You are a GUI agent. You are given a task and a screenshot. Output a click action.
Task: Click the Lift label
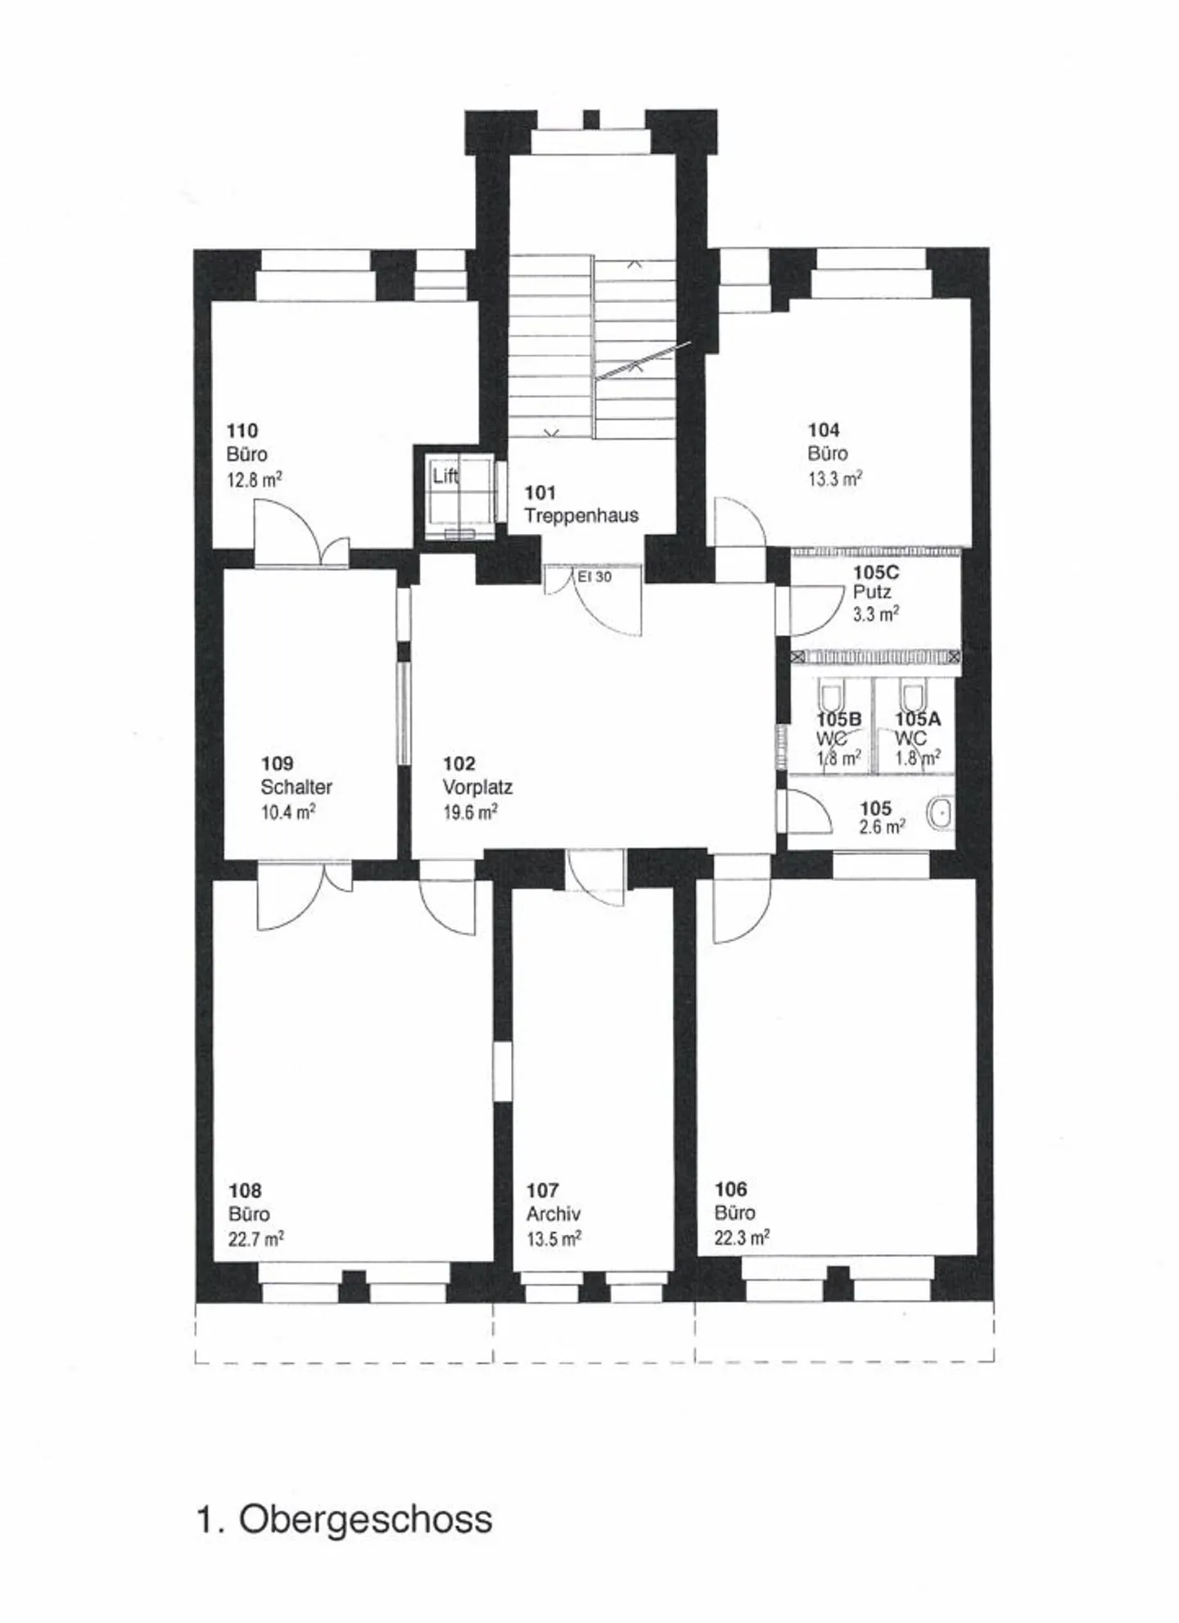point(445,475)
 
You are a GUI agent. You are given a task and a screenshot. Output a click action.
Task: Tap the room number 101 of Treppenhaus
point(540,492)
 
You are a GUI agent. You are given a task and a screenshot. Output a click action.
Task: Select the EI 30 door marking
point(594,576)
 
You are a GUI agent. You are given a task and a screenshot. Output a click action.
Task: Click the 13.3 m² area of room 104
point(834,478)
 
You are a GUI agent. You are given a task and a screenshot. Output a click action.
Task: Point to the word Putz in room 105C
point(871,591)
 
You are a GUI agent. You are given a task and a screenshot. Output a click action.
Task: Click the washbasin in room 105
point(941,813)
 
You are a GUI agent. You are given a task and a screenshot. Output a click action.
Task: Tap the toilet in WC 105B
point(831,697)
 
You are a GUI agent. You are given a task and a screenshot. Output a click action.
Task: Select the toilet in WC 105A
point(913,697)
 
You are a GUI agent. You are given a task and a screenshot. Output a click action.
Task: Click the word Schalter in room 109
point(296,787)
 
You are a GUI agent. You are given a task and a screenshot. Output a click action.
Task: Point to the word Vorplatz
point(477,787)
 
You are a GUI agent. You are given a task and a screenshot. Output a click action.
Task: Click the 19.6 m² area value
point(470,811)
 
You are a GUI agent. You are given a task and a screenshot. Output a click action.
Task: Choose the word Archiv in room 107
point(553,1214)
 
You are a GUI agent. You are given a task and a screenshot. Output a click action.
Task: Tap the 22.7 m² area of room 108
point(255,1238)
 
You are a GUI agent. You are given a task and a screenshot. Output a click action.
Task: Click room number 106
point(730,1188)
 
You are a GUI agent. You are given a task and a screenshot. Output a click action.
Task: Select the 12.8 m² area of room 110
point(254,478)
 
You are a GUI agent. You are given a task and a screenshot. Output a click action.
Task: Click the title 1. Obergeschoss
point(344,1519)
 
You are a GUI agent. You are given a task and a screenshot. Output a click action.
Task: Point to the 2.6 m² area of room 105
point(882,827)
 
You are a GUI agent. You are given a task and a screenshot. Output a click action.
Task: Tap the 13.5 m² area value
point(553,1238)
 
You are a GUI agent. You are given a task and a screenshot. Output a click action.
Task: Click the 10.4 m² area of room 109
point(287,811)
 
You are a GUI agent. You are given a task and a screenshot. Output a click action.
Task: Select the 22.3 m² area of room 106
point(742,1236)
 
